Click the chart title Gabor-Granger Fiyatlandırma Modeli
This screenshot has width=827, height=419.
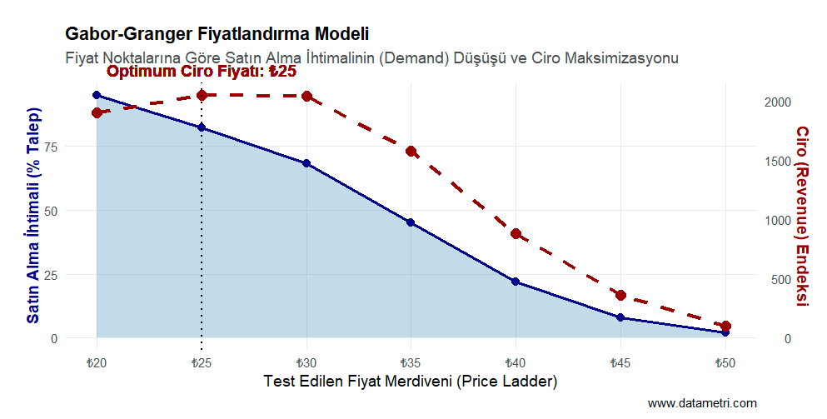tap(216, 35)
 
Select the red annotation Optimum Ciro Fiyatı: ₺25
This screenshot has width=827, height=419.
tap(202, 72)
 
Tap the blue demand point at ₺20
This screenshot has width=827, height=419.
tap(97, 96)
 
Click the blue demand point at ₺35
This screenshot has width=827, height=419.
tap(411, 222)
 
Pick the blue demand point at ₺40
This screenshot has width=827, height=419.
tap(516, 282)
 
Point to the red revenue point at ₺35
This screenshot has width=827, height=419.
tap(411, 152)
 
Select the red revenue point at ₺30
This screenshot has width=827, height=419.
tap(306, 97)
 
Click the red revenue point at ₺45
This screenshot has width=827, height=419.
tap(620, 295)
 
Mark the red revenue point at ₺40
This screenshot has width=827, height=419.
tap(516, 234)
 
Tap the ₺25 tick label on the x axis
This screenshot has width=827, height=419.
tap(202, 363)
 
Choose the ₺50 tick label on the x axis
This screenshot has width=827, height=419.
tap(725, 363)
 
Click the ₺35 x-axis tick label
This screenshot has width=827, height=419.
tap(411, 363)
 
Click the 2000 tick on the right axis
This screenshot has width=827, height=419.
tap(779, 102)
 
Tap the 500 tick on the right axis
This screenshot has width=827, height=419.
tap(779, 280)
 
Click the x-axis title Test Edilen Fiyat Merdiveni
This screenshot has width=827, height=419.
tap(410, 382)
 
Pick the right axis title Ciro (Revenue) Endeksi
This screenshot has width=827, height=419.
tap(801, 216)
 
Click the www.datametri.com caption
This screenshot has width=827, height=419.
tap(702, 403)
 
